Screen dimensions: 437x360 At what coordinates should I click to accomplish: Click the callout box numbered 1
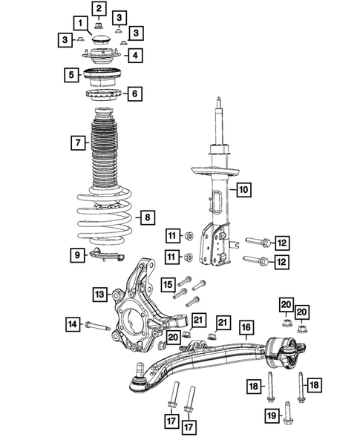click(x=80, y=23)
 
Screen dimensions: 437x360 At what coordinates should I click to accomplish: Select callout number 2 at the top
click(x=98, y=8)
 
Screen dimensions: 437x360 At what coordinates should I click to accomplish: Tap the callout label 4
click(x=134, y=55)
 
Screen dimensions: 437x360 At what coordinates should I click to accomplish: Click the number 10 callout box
click(x=244, y=190)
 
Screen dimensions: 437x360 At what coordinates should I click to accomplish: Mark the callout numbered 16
click(x=246, y=326)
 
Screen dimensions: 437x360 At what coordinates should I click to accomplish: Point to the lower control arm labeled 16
click(x=215, y=356)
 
